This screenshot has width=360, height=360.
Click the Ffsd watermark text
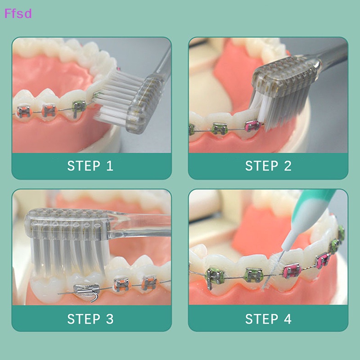(18, 13)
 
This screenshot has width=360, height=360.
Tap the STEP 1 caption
(90, 166)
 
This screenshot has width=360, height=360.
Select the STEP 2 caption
(268, 166)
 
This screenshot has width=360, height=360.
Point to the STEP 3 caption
(90, 319)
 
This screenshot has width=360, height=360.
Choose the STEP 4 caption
(268, 319)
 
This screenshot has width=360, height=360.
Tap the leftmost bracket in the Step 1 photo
(22, 111)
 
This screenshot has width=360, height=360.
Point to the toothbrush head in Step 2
(286, 81)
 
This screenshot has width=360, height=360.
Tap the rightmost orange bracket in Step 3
(148, 283)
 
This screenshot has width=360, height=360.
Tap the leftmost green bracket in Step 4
(214, 275)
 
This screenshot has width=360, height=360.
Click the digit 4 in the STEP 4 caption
(287, 319)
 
